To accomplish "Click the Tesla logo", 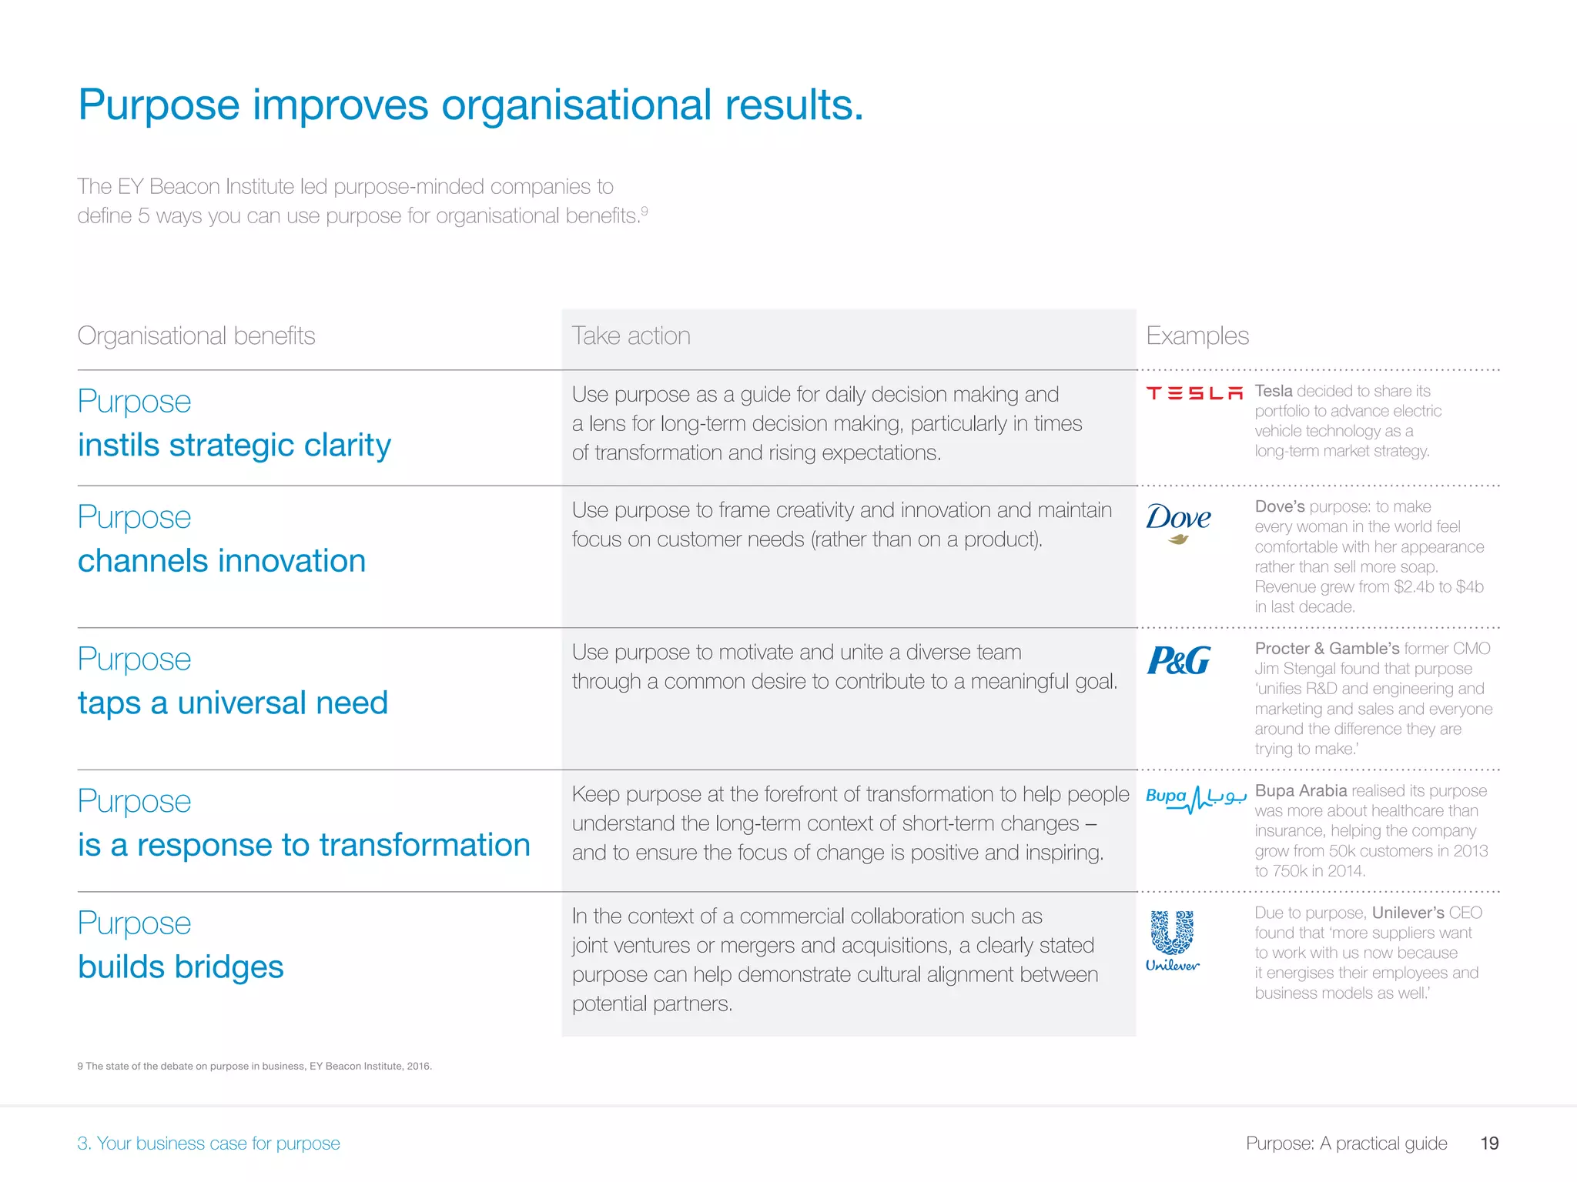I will click(x=1194, y=393).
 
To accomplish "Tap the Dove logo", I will click(x=1178, y=522).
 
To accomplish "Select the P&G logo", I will click(x=1179, y=660).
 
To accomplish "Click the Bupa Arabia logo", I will click(x=1196, y=798).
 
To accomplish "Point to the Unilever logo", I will click(x=1172, y=940).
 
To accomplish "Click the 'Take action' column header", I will click(x=631, y=336).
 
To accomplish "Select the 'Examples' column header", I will click(x=1197, y=336).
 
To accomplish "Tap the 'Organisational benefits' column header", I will click(x=196, y=336).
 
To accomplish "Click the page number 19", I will click(x=1489, y=1144).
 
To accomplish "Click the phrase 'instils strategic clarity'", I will click(x=234, y=446).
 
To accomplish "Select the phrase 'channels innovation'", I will click(x=222, y=561).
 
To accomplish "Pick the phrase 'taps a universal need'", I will click(x=233, y=703).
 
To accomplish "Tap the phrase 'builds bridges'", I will click(x=181, y=967).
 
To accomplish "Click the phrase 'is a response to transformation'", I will click(x=304, y=845).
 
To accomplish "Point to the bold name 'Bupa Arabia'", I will click(x=1301, y=791).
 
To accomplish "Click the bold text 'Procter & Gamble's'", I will click(x=1327, y=649).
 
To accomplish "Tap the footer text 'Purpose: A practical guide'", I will click(x=1347, y=1144).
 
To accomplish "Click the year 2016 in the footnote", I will click(x=418, y=1067).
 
